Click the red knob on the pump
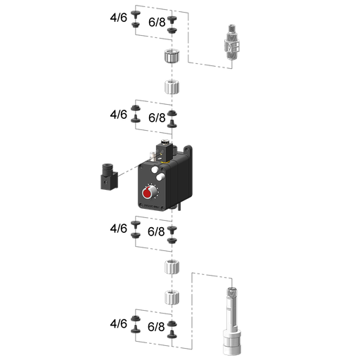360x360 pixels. coord(147,193)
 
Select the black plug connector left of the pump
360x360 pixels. coord(109,176)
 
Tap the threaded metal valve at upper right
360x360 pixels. coord(231,42)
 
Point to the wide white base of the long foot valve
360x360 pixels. coord(231,342)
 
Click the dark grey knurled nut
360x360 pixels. coord(172,56)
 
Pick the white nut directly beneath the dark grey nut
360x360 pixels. coord(172,86)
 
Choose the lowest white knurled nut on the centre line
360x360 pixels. coord(172,297)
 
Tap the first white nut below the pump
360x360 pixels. coord(172,266)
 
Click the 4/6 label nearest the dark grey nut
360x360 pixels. coord(119,18)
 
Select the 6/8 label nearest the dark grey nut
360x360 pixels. coord(157,22)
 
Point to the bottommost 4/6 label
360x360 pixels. coord(119,323)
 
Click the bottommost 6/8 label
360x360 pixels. coord(156,327)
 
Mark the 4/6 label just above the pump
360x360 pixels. coord(119,115)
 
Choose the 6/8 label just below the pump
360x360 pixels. coord(156,231)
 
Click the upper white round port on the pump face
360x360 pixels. coord(155,169)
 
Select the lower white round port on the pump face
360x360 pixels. coord(160,177)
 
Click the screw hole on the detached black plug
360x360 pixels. coord(106,181)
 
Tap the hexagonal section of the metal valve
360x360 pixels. coord(231,46)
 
